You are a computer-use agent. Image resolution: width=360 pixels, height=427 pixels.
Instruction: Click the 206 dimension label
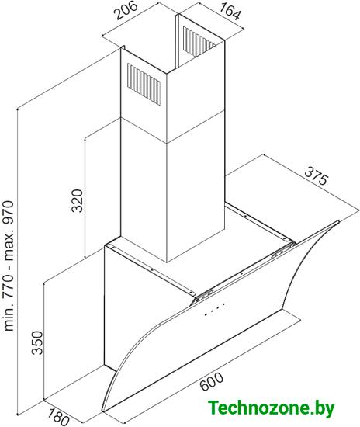click(125, 11)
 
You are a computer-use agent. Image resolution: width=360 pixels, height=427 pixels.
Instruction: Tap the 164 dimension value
click(230, 11)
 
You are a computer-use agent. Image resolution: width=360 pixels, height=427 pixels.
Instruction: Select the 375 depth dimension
click(317, 176)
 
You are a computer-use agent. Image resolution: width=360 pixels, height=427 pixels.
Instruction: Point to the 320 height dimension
click(77, 201)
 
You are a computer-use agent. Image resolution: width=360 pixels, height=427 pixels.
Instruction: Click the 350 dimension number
click(37, 342)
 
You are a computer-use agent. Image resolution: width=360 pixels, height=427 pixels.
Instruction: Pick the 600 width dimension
click(212, 381)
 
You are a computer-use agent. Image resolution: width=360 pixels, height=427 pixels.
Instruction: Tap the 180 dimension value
click(58, 417)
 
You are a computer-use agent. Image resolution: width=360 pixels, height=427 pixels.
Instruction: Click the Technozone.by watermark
click(271, 408)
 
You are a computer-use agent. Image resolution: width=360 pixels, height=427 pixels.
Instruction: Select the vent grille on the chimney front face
click(144, 84)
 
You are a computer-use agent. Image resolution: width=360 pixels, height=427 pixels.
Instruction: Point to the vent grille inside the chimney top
click(199, 41)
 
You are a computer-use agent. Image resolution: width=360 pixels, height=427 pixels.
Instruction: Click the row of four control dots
click(215, 309)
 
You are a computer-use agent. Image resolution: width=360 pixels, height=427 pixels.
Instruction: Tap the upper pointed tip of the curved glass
click(339, 221)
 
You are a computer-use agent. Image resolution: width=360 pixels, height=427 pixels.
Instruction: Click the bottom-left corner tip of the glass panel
click(102, 411)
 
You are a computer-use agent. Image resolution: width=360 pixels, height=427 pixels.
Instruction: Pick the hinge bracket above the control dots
click(204, 295)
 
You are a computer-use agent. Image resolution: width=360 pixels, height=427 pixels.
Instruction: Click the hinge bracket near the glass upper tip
click(283, 250)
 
